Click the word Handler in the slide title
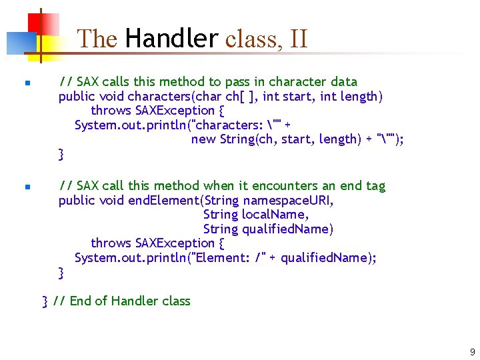pos(171,39)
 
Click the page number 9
pos(472,351)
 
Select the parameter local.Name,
pos(275,215)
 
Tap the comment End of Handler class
pos(130,301)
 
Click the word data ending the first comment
pos(343,81)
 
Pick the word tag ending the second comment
pos(375,185)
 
